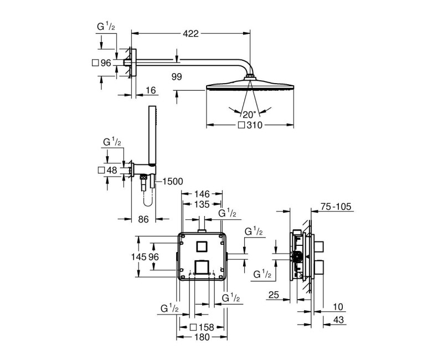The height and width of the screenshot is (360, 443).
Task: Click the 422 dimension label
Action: click(191, 33)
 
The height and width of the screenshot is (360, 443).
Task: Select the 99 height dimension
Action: click(177, 78)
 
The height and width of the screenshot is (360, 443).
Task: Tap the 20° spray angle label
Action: click(249, 114)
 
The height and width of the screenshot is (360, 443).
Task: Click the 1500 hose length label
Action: click(173, 181)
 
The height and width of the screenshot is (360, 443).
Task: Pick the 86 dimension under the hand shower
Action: click(143, 219)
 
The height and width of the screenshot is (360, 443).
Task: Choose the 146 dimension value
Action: click(202, 194)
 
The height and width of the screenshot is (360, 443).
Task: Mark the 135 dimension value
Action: click(202, 204)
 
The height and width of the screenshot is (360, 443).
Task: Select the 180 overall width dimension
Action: click(202, 337)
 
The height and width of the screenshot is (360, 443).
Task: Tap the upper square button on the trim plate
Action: click(202, 246)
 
